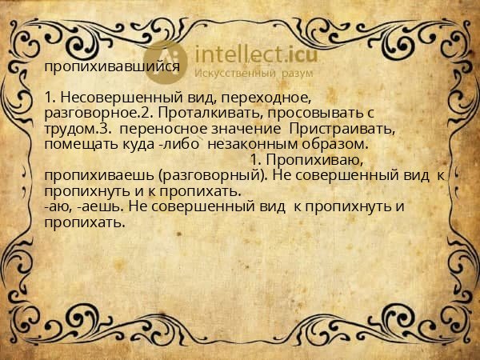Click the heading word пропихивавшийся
[x=112, y=67]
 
